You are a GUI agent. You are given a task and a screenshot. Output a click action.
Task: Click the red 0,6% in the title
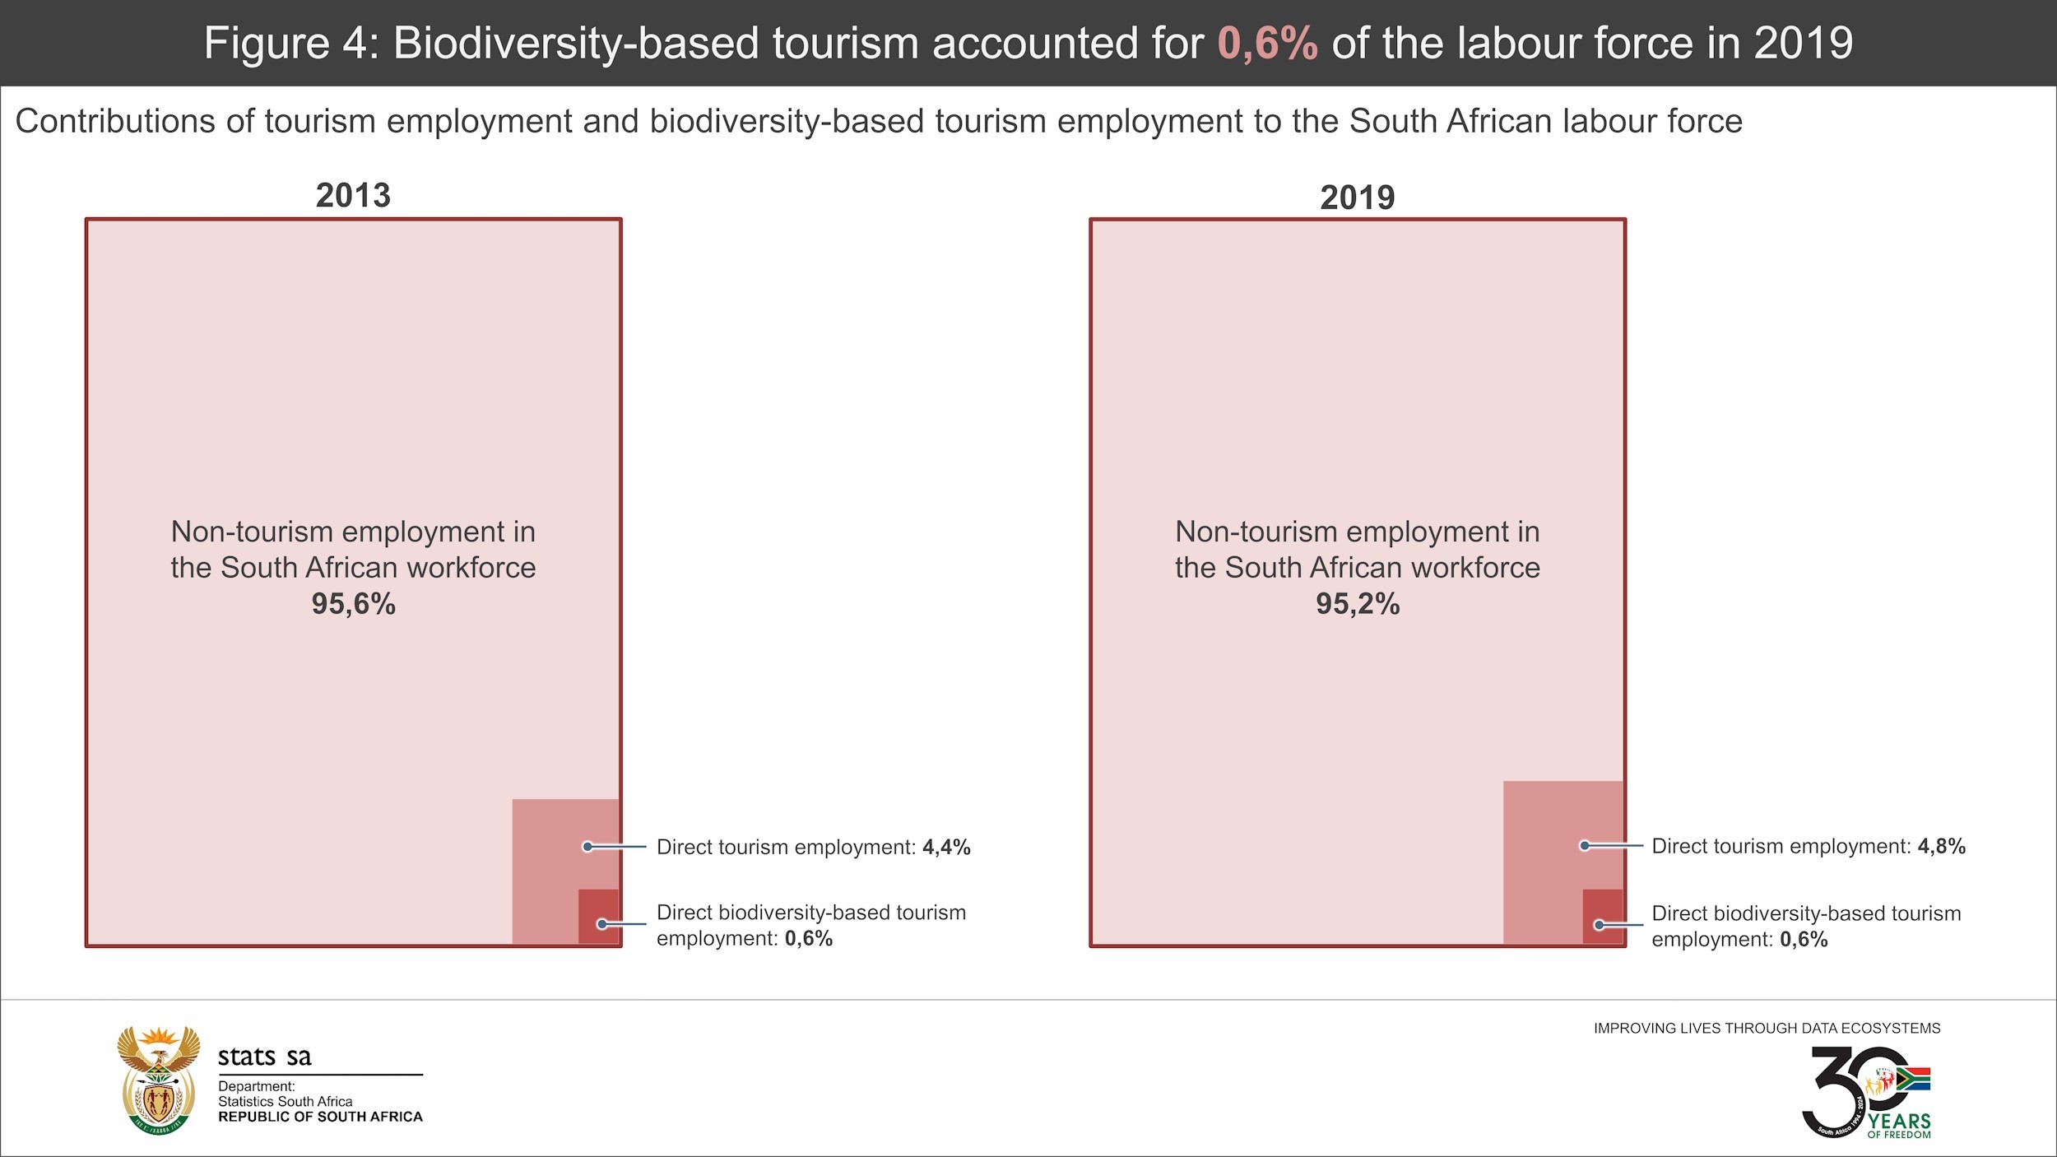click(1267, 44)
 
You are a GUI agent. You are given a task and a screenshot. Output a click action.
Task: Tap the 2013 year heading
click(353, 196)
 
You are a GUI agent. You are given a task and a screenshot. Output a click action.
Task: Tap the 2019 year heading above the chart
click(1357, 197)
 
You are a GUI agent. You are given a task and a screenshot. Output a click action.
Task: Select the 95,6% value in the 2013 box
click(353, 604)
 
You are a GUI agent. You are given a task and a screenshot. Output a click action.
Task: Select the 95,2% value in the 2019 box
click(1357, 604)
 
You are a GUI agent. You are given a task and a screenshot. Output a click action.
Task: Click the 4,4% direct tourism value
click(946, 847)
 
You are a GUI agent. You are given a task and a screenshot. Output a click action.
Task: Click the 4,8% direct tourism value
click(1941, 846)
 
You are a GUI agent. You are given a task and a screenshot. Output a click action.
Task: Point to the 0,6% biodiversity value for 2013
click(808, 939)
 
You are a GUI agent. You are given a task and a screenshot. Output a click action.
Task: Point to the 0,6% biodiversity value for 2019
click(1804, 940)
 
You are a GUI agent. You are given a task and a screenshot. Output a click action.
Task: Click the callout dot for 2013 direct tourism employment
click(587, 847)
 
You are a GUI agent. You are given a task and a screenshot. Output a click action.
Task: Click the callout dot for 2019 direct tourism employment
click(1584, 846)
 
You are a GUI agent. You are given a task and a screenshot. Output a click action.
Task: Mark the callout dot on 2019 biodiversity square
click(1599, 925)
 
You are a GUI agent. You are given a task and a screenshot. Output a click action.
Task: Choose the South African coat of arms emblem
click(159, 1080)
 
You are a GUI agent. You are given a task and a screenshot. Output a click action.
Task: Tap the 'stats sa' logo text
click(264, 1057)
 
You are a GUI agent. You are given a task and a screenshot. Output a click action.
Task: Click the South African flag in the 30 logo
click(1914, 1079)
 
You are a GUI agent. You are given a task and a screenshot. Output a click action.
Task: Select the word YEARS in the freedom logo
click(1899, 1122)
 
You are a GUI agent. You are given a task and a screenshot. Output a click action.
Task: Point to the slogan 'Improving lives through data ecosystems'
click(1767, 1029)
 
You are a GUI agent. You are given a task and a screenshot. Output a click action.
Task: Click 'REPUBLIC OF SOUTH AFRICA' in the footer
click(320, 1117)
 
